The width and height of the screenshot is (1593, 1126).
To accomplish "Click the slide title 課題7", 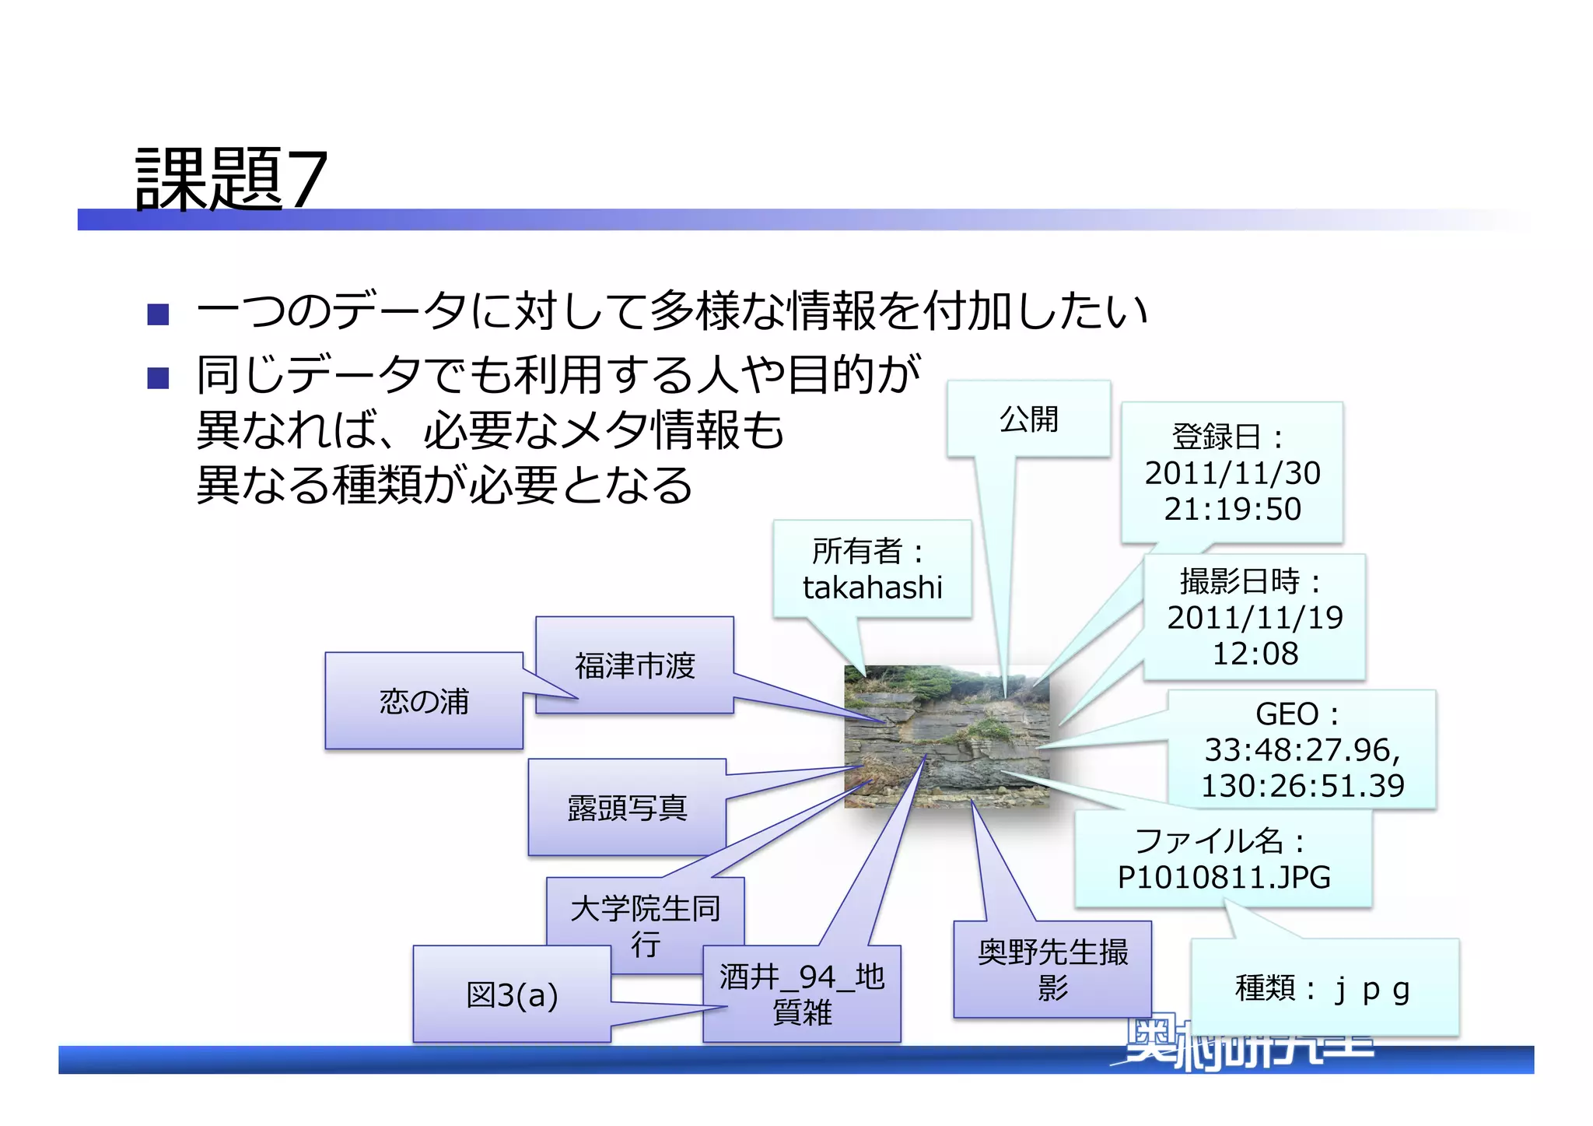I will coord(231,180).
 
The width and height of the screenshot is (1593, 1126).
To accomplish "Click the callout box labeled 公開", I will coord(1028,419).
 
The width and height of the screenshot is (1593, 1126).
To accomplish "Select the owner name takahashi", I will coord(872,588).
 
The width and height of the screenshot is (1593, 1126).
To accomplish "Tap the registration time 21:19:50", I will coord(1232,509).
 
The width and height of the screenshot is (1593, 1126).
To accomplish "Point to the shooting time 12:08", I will coord(1255,653).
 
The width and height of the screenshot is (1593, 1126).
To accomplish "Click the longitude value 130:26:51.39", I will coord(1302,785).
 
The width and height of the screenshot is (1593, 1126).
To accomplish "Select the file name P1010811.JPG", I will coord(1224,877).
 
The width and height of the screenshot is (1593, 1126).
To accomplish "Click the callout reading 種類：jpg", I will coord(1323,989).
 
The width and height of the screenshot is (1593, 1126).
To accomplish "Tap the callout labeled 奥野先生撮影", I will coord(1052,969).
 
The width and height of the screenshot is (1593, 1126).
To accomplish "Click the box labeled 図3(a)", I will coord(512,994).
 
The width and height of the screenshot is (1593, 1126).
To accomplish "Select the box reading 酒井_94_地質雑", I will coord(802,994).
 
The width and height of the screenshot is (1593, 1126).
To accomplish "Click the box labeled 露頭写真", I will coord(627,809).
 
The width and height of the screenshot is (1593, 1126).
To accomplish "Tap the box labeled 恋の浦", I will coord(424,701).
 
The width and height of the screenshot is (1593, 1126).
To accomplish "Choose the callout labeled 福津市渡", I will coord(635,666).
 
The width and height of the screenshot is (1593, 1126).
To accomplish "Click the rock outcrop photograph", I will coord(947,736).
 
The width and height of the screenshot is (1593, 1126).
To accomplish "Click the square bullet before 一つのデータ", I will coord(159,314).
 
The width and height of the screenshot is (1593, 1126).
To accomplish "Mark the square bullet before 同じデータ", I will coord(159,378).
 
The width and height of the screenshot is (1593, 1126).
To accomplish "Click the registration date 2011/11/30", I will coord(1232,473).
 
